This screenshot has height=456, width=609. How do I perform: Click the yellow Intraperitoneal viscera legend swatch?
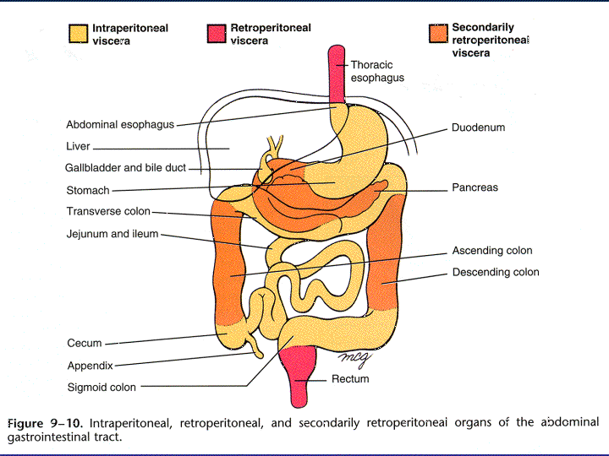(78, 34)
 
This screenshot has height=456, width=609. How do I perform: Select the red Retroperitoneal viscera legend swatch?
(217, 34)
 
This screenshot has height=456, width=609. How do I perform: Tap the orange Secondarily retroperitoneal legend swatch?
(438, 34)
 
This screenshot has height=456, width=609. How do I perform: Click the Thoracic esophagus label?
(377, 71)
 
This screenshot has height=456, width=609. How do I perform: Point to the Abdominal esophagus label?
(120, 124)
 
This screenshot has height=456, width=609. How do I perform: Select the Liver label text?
(78, 146)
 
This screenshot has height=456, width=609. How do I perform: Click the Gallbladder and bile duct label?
(125, 167)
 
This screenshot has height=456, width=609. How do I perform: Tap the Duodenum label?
(478, 128)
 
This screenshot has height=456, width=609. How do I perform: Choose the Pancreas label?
(475, 187)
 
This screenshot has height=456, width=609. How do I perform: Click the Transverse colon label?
(108, 211)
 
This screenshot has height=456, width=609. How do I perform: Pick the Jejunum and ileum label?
(112, 234)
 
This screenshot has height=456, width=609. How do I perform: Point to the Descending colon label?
(496, 272)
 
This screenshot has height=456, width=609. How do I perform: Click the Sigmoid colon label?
(101, 388)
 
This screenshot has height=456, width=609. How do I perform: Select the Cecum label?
(85, 343)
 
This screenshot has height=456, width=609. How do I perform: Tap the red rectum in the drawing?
(298, 374)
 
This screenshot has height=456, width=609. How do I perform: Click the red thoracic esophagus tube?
(337, 74)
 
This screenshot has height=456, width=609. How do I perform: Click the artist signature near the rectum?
(354, 360)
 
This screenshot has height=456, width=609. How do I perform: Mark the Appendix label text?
(91, 366)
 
